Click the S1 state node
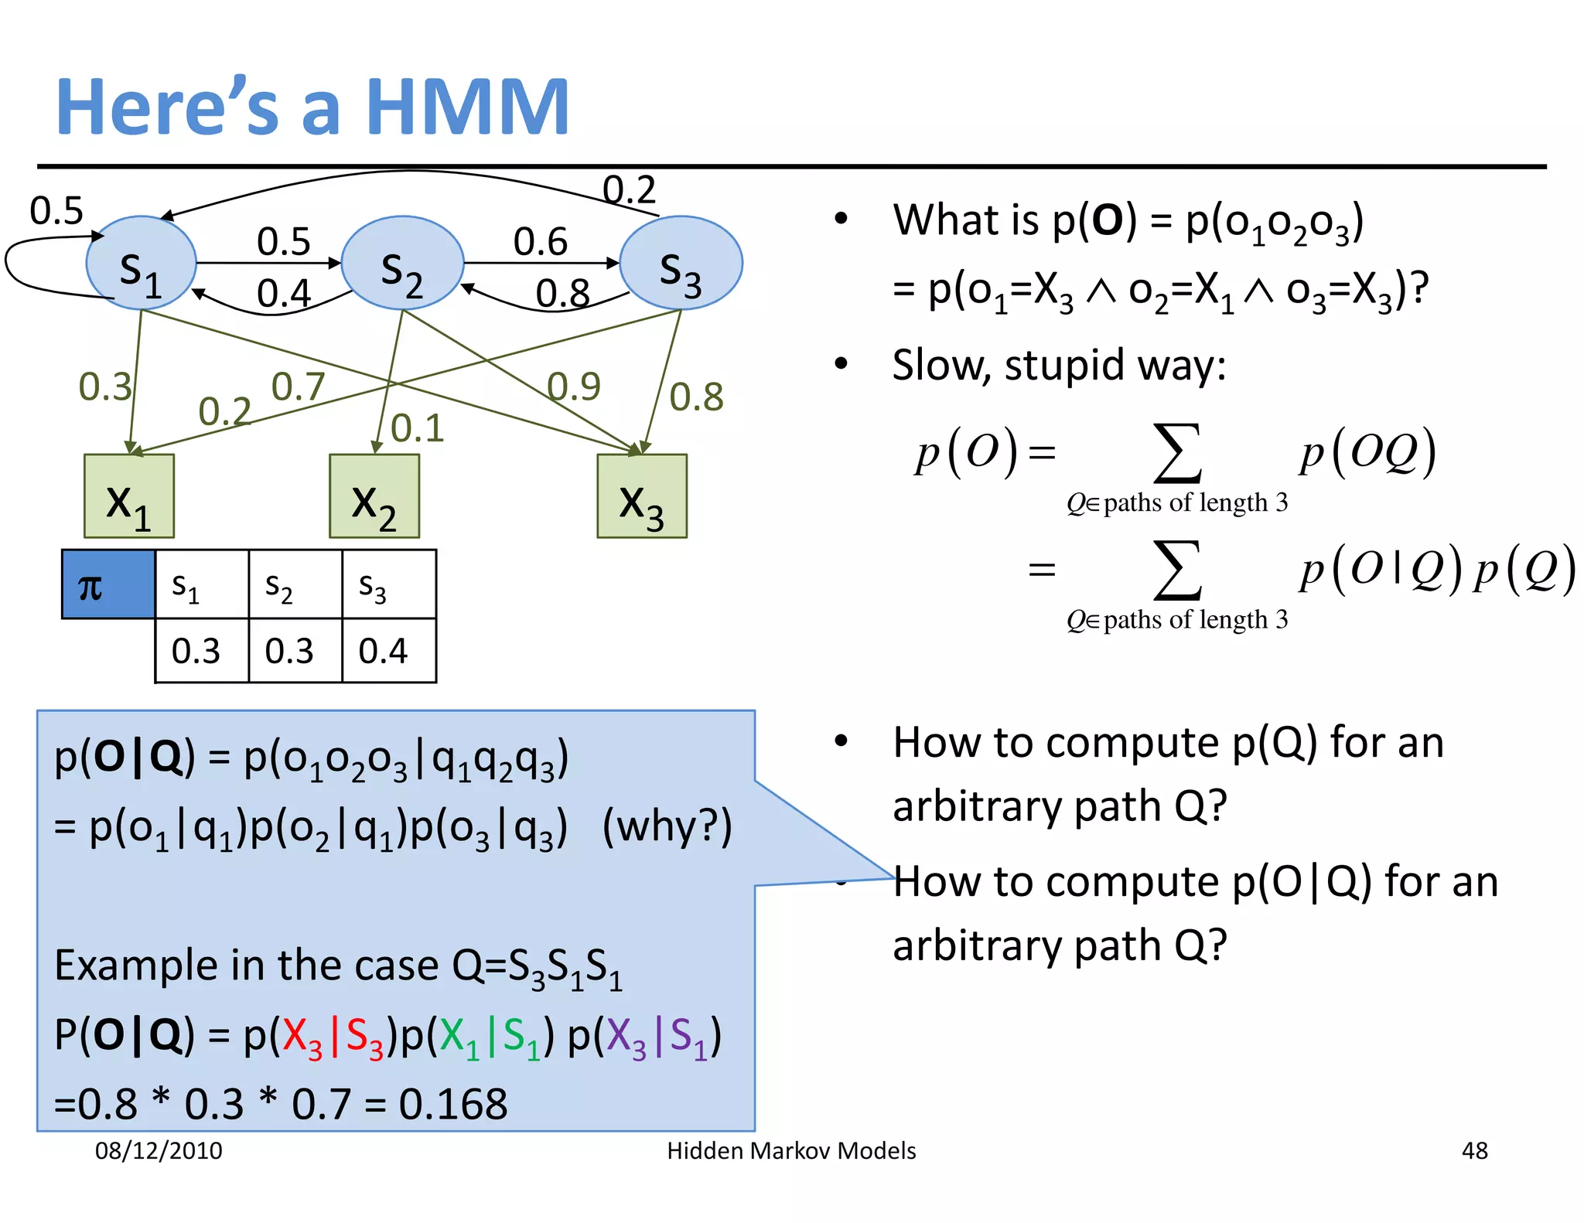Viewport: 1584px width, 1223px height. (141, 264)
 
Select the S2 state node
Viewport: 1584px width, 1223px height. (402, 264)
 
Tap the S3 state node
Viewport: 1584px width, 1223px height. (681, 264)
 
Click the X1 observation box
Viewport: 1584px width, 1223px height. (129, 496)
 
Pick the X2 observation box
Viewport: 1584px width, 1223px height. (374, 496)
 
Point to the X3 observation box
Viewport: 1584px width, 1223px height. (642, 496)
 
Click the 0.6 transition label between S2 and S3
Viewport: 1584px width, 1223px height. (540, 242)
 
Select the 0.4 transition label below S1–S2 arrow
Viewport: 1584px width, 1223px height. (283, 294)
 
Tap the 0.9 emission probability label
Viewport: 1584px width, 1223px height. (573, 386)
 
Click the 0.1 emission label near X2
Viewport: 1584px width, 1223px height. (417, 428)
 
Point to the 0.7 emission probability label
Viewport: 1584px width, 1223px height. (298, 387)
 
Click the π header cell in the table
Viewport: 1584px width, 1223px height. (108, 584)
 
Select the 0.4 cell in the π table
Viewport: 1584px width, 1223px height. (383, 651)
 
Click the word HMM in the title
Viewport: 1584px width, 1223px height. (468, 107)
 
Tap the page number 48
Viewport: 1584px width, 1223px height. (1474, 1150)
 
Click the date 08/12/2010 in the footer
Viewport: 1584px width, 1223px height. (159, 1150)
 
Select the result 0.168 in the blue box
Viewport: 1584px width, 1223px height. (453, 1103)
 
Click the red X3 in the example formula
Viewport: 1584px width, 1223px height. (302, 1037)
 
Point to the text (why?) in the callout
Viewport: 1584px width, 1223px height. (667, 826)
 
